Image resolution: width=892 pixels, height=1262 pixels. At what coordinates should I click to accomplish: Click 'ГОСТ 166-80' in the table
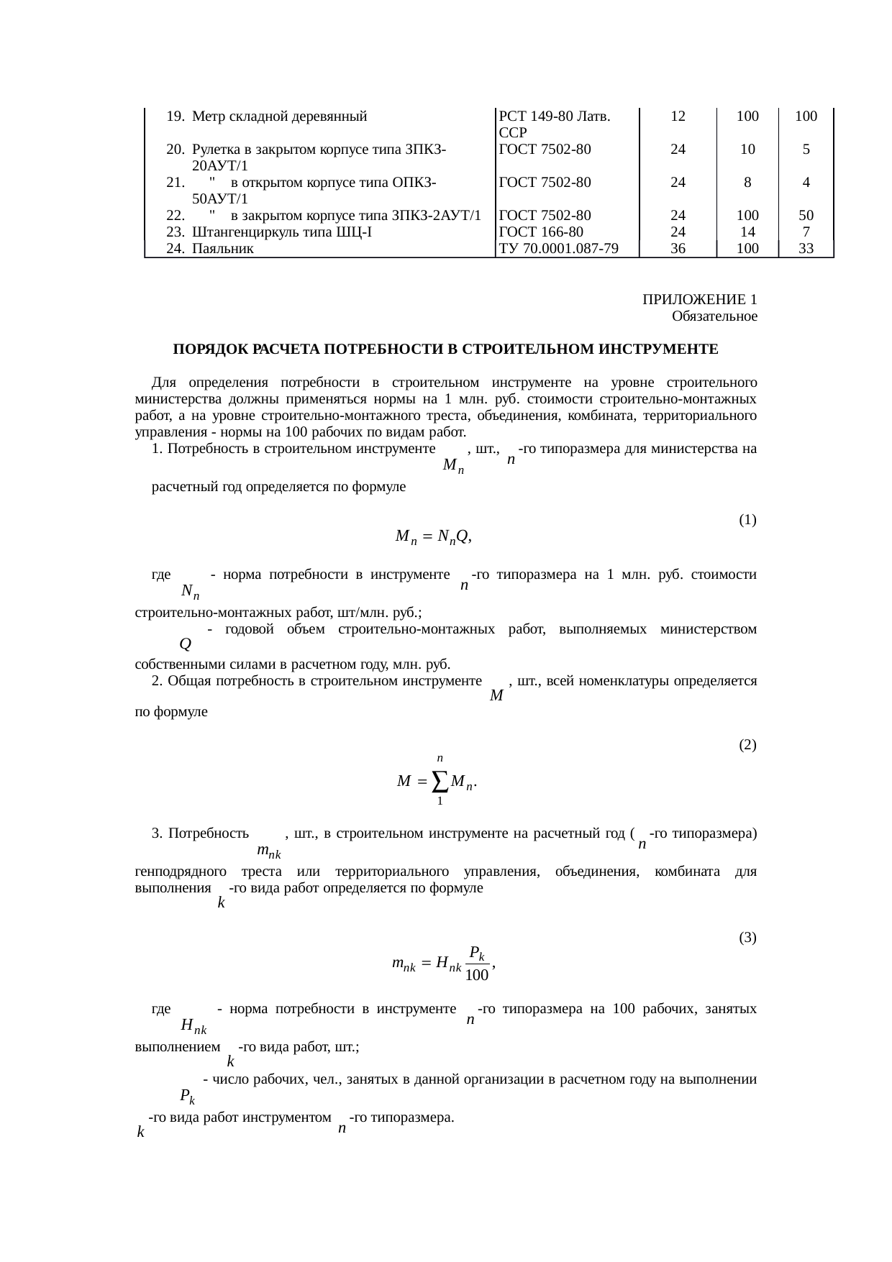point(540,232)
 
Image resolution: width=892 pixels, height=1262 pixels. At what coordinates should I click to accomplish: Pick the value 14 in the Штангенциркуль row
point(747,232)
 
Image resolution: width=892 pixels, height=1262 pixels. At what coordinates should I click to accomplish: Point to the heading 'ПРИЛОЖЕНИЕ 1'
point(699,299)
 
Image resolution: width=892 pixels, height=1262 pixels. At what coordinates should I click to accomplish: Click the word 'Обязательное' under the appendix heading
point(714,316)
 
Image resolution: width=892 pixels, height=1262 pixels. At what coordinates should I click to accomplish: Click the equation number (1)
point(747,519)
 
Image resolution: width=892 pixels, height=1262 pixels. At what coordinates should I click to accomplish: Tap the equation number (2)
point(747,744)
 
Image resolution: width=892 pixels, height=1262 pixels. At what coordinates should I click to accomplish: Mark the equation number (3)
point(747,938)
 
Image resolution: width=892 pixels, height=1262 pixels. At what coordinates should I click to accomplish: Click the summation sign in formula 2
point(440,780)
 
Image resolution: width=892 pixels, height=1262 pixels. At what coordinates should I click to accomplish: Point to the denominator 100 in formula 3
point(477,976)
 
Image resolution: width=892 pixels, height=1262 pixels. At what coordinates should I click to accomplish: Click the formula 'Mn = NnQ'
point(433,536)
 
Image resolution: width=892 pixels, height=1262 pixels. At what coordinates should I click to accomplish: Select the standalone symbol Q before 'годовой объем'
point(186,643)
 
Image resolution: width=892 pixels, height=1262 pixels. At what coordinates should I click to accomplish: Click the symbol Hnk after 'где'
point(194,1025)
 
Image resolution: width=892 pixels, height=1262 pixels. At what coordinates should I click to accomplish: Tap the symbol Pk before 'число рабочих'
point(188,1096)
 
